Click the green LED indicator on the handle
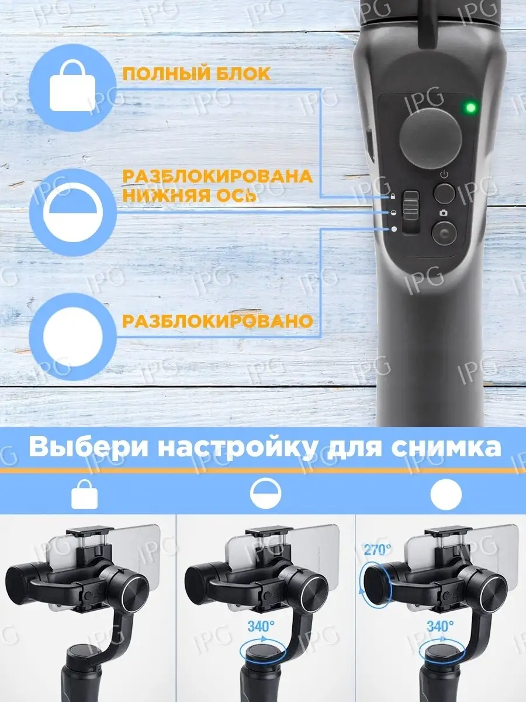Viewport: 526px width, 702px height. point(470,107)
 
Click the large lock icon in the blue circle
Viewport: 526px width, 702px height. point(73,86)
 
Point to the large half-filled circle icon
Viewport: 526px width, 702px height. point(73,212)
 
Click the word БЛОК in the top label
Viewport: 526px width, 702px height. point(243,74)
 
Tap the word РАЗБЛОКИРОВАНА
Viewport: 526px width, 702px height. point(217,176)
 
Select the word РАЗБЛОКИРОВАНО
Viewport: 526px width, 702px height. point(217,321)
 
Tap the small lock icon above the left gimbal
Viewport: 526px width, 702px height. point(85,494)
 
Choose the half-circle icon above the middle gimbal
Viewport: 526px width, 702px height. point(265,494)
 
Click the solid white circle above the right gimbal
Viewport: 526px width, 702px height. point(446,494)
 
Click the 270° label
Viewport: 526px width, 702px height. point(378,550)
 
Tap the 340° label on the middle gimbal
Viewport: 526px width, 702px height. point(261,626)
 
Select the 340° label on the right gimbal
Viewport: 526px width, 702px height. point(440,626)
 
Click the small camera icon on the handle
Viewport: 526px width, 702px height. point(444,213)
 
